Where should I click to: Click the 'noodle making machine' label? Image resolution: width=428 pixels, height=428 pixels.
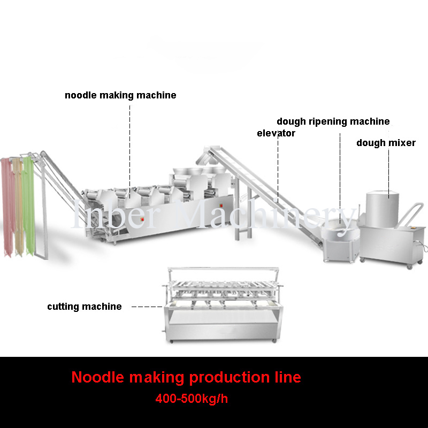(120, 95)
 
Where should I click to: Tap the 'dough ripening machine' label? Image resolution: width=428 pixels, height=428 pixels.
(333, 121)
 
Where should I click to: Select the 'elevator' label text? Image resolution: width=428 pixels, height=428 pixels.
(276, 133)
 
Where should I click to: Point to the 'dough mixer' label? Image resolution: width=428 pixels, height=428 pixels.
(386, 143)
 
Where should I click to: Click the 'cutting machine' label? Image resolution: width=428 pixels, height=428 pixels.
(85, 307)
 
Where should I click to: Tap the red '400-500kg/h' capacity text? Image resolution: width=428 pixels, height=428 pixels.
(192, 399)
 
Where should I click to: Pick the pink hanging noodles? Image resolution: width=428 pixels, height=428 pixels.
(7, 208)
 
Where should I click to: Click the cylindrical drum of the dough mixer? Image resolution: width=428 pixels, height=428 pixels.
(382, 209)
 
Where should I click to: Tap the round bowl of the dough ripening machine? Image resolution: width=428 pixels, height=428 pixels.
(339, 227)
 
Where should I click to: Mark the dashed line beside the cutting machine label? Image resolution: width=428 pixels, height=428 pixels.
(147, 307)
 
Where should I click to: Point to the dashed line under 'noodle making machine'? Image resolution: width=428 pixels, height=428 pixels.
(129, 152)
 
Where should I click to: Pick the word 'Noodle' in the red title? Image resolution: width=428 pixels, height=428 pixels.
(98, 377)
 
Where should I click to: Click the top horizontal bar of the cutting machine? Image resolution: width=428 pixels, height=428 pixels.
(223, 269)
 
